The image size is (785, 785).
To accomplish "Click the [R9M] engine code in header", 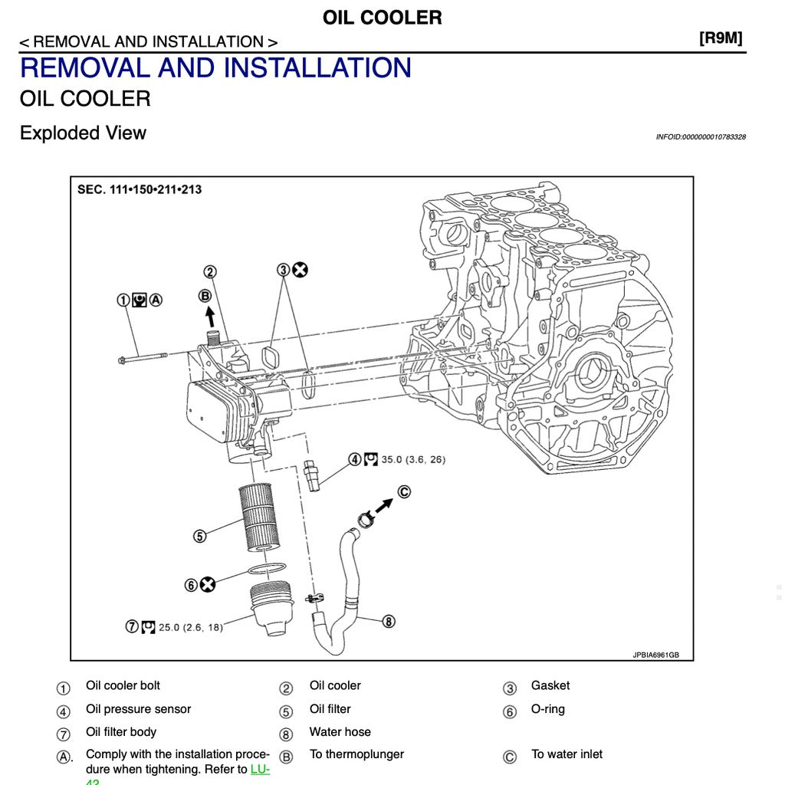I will point(721,38).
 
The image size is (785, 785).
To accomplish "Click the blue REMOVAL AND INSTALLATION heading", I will point(215,67).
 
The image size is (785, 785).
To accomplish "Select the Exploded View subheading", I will point(83,133).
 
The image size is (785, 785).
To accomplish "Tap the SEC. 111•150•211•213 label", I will point(140,189).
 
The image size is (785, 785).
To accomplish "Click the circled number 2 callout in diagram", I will point(209,271).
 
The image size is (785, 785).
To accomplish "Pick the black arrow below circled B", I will point(210,317).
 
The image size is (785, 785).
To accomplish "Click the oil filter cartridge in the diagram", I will point(258,516).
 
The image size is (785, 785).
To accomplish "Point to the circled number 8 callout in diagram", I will point(389,622).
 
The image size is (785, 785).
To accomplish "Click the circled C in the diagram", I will point(404,492).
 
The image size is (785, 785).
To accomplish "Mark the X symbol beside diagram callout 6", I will point(207,585).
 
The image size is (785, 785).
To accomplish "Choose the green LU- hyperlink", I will point(260,769).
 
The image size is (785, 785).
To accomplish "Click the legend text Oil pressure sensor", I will point(138,709).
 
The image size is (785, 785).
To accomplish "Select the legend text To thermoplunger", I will point(356,754).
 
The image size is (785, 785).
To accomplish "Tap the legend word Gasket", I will point(550,686).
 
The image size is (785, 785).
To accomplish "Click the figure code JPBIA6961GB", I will point(655,655).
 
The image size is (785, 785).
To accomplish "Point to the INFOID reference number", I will point(700,137).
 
